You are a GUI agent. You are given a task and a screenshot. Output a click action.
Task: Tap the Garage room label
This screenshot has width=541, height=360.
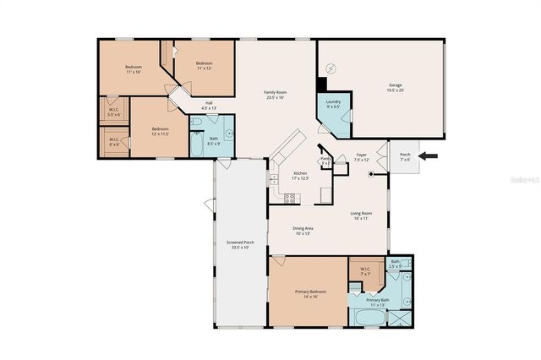click(x=395, y=87)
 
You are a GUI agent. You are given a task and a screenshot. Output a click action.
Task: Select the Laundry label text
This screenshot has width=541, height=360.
click(x=333, y=103)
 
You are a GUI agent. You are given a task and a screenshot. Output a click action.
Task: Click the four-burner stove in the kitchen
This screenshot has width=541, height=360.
click(x=290, y=199)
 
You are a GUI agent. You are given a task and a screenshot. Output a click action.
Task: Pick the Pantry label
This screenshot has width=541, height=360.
click(x=325, y=160)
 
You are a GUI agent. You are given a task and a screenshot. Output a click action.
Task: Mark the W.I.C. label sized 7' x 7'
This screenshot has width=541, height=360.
click(x=366, y=272)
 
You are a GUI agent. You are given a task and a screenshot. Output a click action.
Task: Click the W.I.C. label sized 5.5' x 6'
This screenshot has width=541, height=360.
click(x=114, y=111)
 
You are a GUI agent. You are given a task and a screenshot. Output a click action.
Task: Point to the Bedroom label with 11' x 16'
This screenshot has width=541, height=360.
click(x=134, y=68)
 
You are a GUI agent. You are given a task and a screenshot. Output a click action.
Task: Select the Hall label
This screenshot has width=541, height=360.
click(x=208, y=106)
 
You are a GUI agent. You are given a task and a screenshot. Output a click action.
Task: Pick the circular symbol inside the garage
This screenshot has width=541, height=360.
click(x=332, y=68)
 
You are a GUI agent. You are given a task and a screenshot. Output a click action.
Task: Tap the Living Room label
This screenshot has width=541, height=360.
click(x=362, y=215)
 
